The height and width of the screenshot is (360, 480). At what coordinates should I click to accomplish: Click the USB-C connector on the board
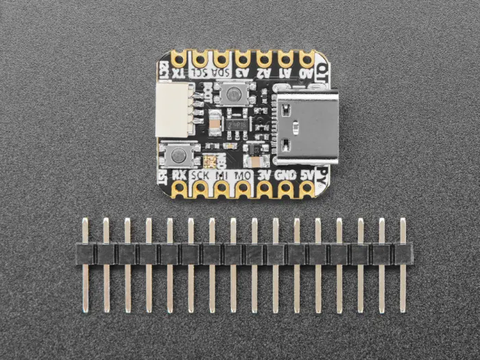[304, 127]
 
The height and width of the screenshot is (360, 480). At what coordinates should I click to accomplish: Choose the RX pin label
[179, 176]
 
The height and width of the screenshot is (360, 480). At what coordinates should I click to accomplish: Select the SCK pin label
[200, 176]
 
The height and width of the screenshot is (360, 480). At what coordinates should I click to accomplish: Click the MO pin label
[243, 176]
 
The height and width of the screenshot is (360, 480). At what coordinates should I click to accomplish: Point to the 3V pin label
[265, 176]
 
